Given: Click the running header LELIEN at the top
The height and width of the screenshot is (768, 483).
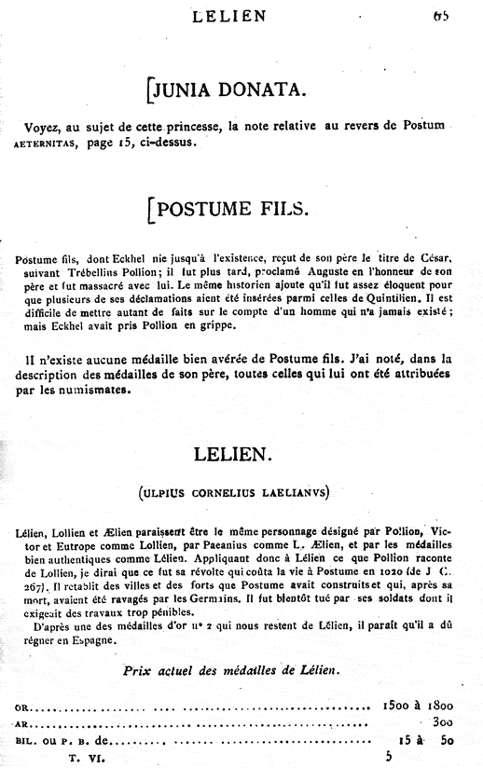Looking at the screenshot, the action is coord(228,15).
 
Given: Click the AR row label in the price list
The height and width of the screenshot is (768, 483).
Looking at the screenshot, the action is coord(23,723).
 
